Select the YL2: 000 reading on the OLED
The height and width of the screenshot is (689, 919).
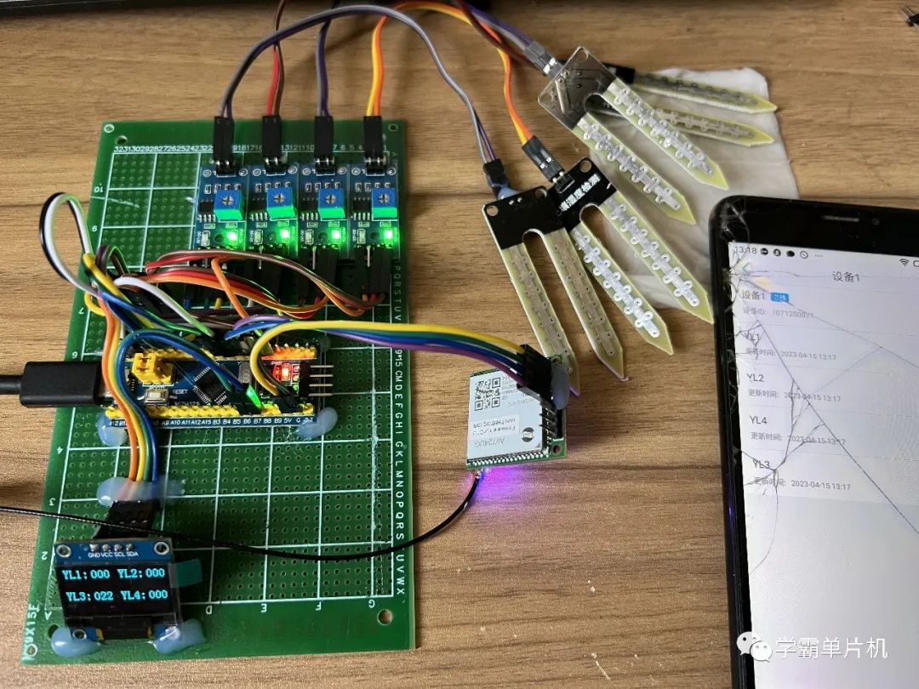tap(144, 574)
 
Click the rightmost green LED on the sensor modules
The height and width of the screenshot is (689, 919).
tap(390, 233)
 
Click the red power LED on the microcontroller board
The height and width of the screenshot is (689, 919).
tap(282, 372)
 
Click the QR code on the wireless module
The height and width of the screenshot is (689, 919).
tap(491, 393)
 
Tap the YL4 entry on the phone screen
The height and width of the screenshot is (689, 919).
tap(758, 420)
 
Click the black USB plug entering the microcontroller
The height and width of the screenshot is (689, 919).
tap(60, 384)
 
